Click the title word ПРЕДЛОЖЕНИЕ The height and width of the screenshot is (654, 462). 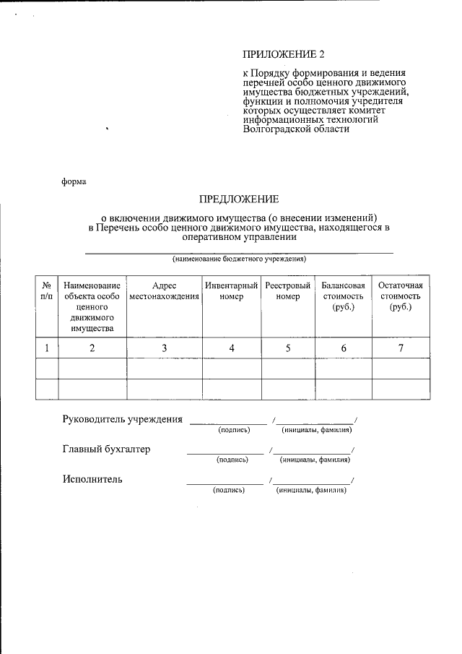point(239,199)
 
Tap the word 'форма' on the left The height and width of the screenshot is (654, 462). point(74,181)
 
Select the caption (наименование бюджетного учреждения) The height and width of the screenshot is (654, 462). point(239,259)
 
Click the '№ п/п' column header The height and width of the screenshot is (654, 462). point(47,291)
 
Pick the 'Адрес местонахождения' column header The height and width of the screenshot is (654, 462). point(164,291)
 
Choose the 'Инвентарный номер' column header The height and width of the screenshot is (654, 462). point(232,291)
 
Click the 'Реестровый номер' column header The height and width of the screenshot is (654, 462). point(288,291)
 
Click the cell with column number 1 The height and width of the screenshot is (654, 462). point(47,348)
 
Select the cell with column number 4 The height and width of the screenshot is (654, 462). point(232,348)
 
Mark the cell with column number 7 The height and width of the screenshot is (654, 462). point(399,348)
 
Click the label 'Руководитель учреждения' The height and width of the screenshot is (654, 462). point(122,420)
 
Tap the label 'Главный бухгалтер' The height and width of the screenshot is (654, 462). point(106,449)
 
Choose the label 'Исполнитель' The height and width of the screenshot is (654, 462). point(92,478)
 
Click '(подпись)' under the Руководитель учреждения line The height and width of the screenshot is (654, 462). point(234,430)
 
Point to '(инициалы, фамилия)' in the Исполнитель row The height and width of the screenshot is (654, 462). point(310,490)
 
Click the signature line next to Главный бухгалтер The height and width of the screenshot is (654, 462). point(225,453)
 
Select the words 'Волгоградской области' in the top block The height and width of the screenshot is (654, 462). point(296,130)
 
